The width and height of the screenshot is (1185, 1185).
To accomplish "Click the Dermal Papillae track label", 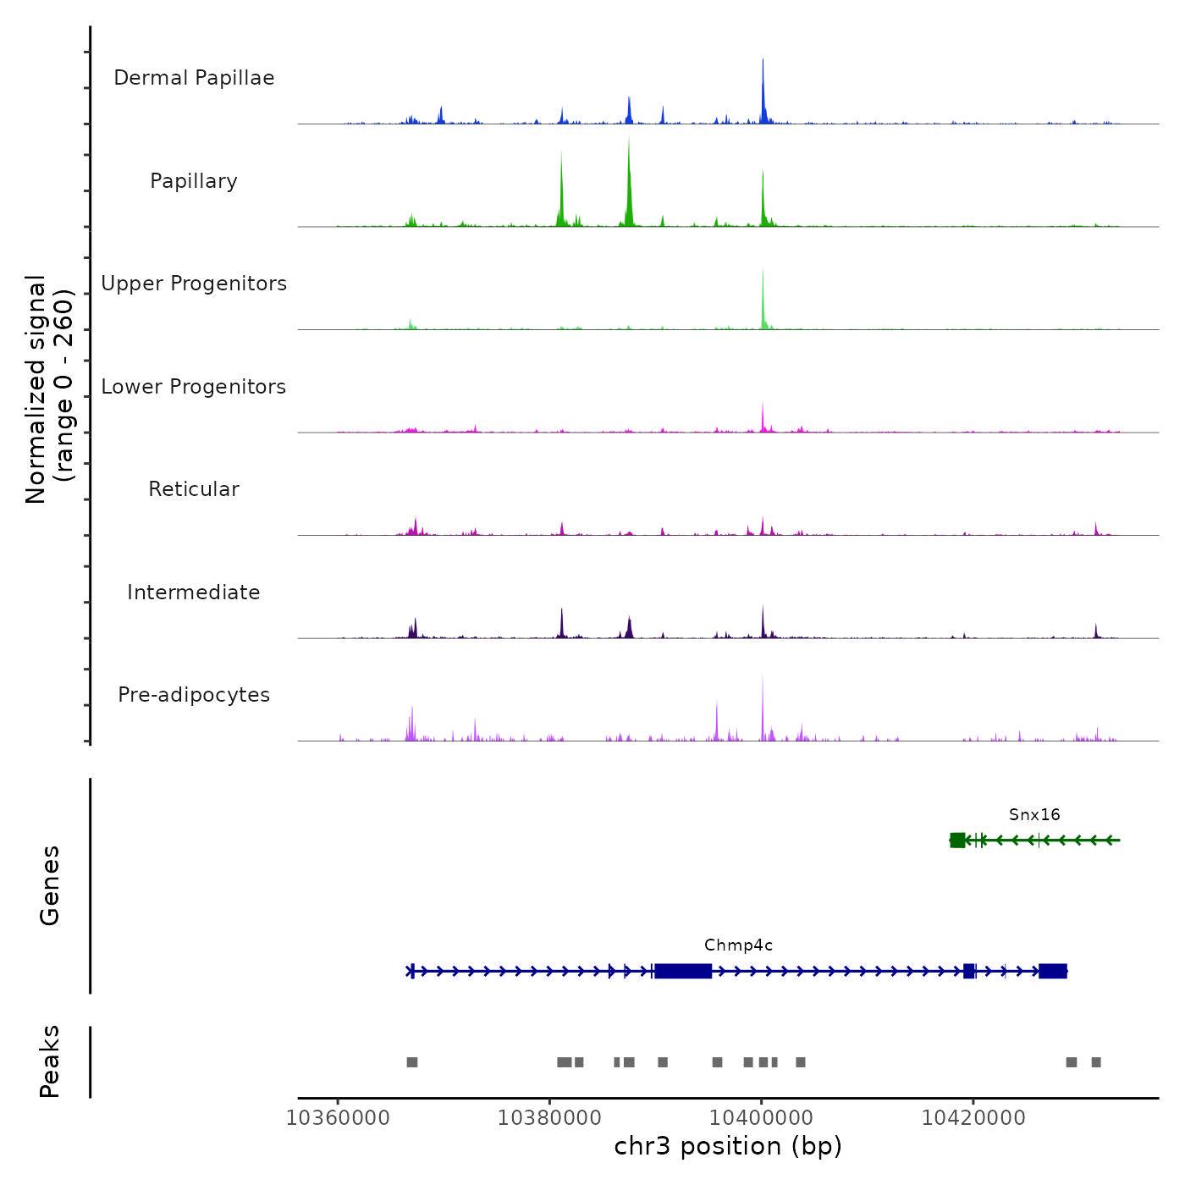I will click(194, 78).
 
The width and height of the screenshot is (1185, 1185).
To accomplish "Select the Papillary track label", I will click(194, 181).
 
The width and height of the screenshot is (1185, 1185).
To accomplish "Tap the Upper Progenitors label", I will click(194, 284).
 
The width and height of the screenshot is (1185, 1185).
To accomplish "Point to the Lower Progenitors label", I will click(194, 387).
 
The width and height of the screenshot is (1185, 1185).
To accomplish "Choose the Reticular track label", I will click(194, 489).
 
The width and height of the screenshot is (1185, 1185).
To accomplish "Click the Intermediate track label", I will click(194, 592).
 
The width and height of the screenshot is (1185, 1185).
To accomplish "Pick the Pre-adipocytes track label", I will click(194, 695).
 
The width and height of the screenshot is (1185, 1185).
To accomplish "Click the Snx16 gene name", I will click(1034, 814).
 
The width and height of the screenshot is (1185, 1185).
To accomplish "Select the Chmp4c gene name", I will click(738, 945).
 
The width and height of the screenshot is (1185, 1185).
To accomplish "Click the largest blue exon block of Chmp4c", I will click(683, 971).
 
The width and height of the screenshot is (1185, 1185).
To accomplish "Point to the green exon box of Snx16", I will click(957, 840).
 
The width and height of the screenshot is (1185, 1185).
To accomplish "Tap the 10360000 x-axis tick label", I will click(338, 1117).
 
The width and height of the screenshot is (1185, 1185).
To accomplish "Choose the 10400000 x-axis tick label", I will click(761, 1117).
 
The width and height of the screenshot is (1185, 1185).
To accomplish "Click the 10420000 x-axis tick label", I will click(973, 1117).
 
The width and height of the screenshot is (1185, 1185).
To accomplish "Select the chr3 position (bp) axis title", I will click(728, 1146).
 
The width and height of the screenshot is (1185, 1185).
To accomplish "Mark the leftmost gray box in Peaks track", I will click(412, 1062).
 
